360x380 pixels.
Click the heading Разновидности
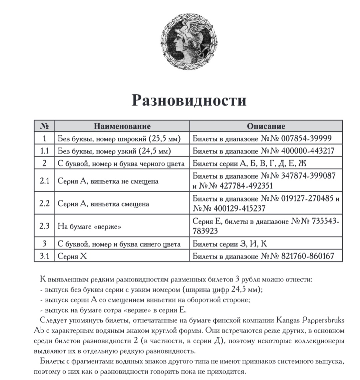point(189,100)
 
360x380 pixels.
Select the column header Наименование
point(122,126)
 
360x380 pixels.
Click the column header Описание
point(266,126)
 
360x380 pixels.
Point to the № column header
point(44,126)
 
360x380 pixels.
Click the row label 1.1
point(44,151)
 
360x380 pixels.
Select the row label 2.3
point(44,226)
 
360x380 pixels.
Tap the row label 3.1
point(44,256)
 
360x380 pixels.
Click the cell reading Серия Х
point(72,256)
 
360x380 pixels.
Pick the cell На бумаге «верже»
point(89,226)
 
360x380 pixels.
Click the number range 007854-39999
point(307,138)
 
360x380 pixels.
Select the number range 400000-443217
point(308,151)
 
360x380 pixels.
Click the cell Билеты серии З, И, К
point(230,244)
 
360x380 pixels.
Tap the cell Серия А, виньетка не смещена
point(108,182)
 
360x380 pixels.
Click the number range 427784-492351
point(244,186)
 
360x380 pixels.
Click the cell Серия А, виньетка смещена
point(103,204)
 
